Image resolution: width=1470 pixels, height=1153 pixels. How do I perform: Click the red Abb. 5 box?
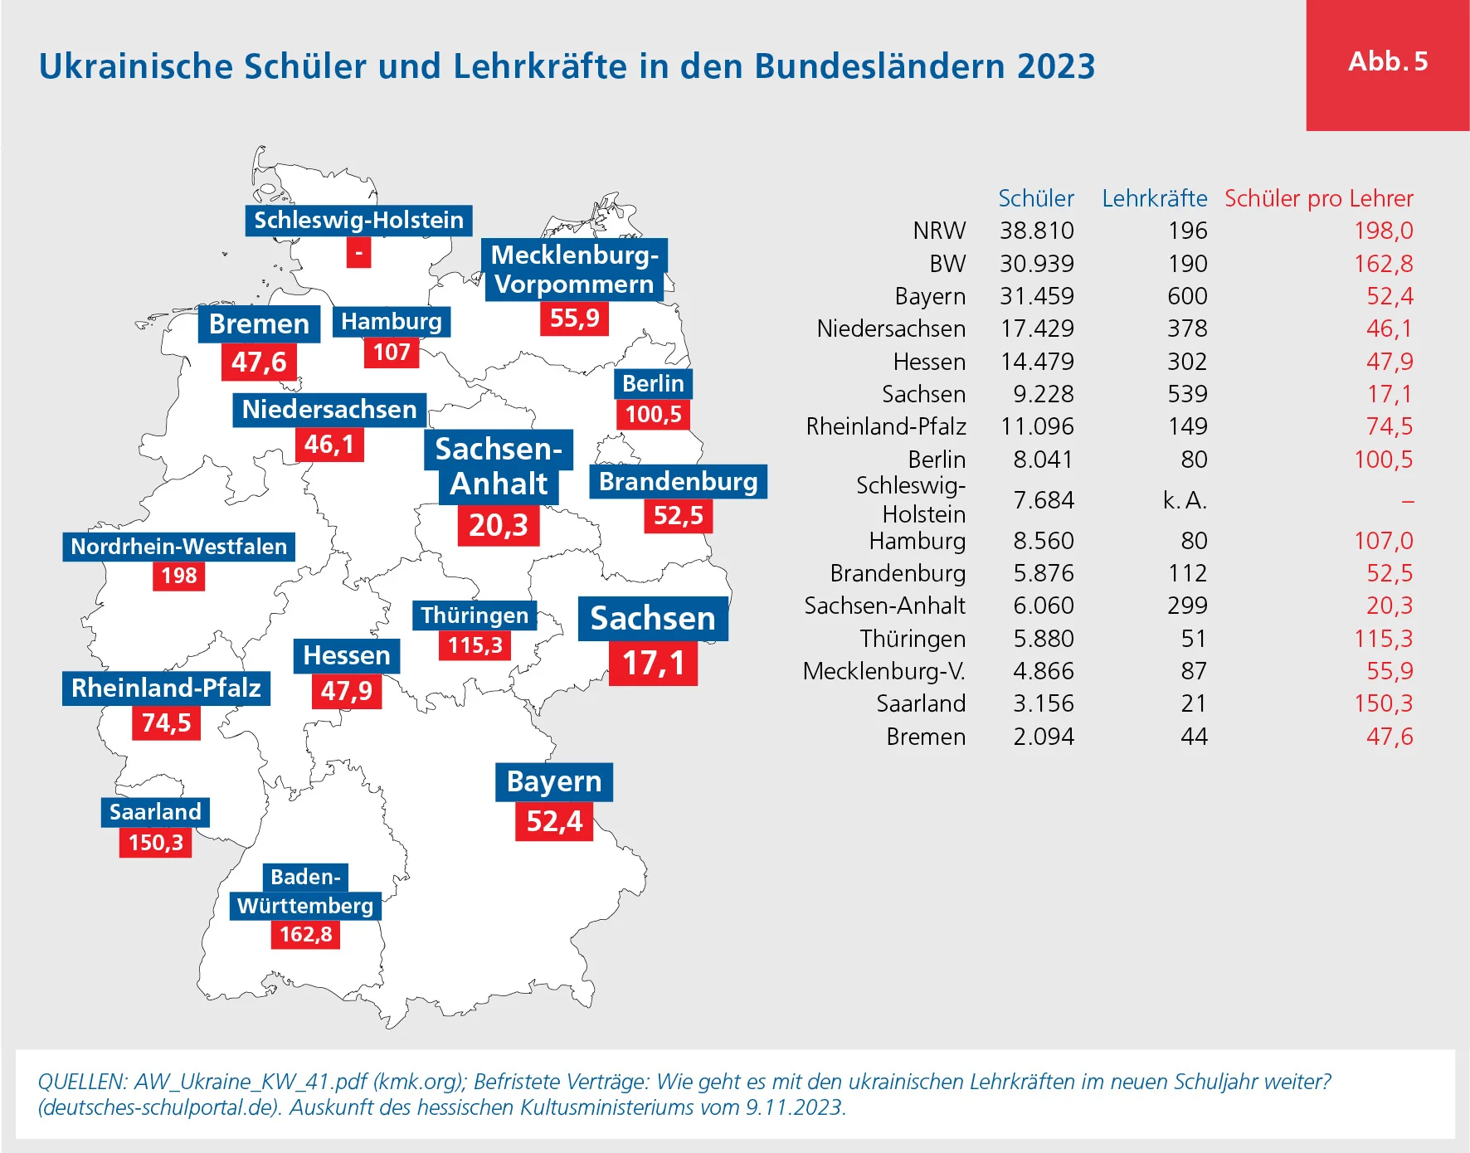pos(1387,65)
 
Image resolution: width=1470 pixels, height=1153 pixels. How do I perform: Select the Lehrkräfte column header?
pos(1154,199)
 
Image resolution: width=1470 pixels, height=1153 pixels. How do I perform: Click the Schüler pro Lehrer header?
pos(1318,199)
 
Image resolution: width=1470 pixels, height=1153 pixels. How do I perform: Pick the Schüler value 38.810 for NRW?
pos(1036,231)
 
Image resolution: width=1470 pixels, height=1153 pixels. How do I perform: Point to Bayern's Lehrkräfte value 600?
pos(1187,296)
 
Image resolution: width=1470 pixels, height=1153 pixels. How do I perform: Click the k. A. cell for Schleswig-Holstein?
pos(1185,500)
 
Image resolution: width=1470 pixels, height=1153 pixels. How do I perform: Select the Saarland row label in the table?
pos(921,703)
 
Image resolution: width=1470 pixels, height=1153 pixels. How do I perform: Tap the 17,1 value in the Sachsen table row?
pos(1390,394)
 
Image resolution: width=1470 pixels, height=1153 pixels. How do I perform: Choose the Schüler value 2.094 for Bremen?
pos(1043,737)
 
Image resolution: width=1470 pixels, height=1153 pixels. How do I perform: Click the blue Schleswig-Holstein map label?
pos(358,221)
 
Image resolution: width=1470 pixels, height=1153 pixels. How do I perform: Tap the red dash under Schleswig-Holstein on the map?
pos(358,252)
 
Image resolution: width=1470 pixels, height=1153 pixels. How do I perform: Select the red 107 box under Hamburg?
pos(392,353)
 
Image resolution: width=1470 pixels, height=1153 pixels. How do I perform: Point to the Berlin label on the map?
pos(653,384)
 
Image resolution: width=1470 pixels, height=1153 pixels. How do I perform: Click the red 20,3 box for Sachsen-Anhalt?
pos(498,525)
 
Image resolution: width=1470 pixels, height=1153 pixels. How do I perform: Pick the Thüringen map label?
pos(475,615)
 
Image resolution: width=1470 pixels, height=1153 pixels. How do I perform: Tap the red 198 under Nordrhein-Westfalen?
pos(178,576)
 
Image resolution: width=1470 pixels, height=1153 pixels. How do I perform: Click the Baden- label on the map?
pos(305,877)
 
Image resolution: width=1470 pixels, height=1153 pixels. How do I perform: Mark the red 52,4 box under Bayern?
pos(554,821)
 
